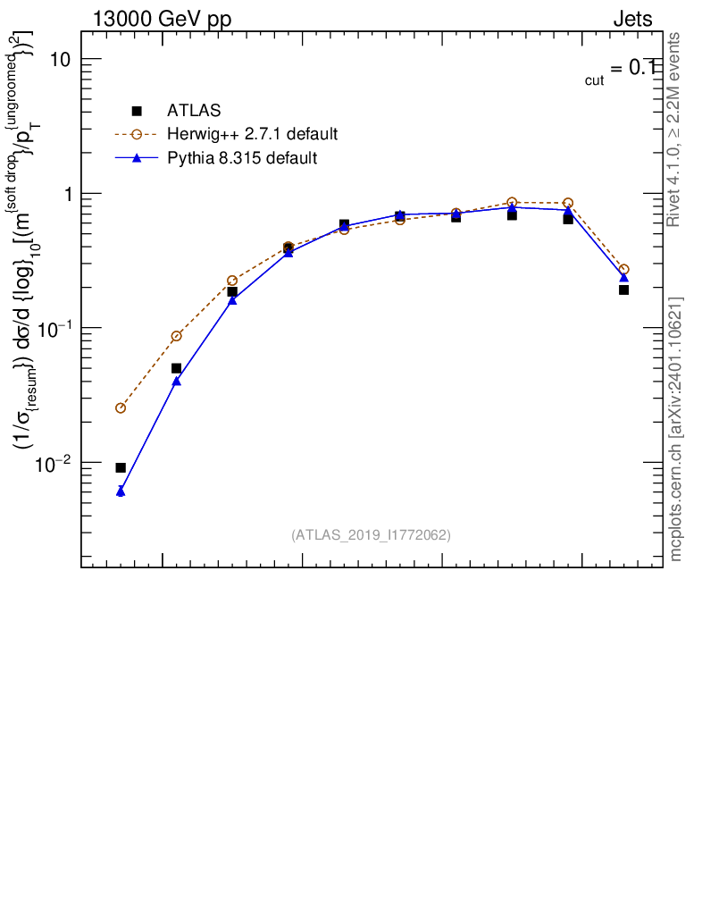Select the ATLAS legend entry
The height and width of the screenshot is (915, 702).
194,111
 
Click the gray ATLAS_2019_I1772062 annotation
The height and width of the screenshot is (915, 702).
371,535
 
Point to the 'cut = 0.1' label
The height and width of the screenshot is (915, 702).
619,71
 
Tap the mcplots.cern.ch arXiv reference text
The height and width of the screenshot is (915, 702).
676,429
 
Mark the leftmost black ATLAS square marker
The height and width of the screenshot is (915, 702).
121,467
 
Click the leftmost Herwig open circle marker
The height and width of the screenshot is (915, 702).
121,407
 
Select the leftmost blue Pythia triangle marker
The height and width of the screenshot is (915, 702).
121,491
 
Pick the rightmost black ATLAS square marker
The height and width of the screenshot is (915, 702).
623,290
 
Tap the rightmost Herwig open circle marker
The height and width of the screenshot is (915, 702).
623,269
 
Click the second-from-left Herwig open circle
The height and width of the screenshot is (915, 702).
176,336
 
